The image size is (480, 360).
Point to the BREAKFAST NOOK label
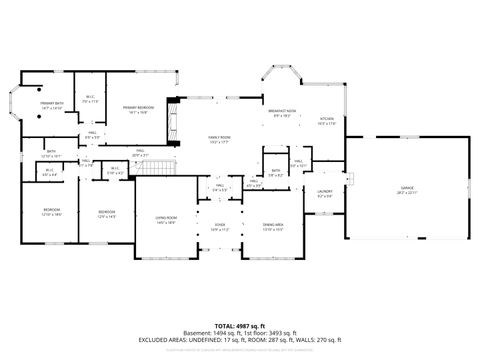pos(281,112)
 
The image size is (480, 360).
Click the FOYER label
pos(219,227)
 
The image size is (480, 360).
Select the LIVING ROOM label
pos(165,219)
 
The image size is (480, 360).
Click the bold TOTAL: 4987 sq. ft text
pos(240,325)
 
